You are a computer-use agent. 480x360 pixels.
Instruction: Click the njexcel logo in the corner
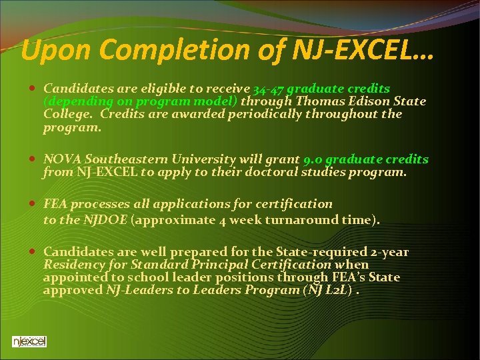click(x=29, y=342)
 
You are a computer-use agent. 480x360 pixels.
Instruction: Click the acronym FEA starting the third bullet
click(x=55, y=204)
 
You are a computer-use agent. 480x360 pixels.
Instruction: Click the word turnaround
click(x=305, y=220)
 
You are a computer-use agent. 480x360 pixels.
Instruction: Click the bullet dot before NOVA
click(x=33, y=160)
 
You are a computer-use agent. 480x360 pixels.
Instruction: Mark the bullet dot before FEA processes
click(x=33, y=204)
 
